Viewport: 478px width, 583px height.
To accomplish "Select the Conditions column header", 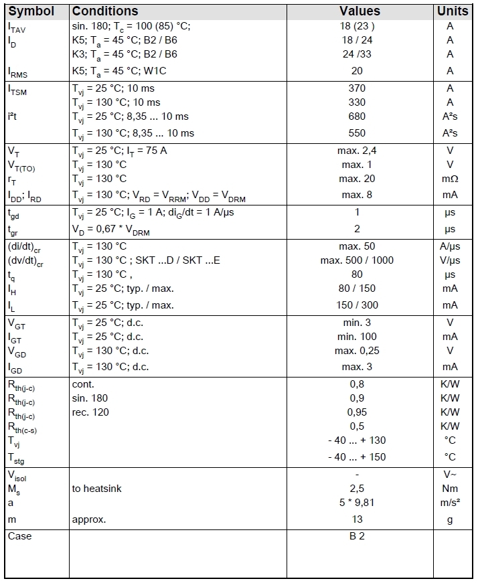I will point(105,11).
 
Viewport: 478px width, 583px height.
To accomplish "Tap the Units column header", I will point(453,11).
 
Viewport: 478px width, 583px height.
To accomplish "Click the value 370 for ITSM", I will point(357,88).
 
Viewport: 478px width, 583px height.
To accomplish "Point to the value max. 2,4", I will point(357,151).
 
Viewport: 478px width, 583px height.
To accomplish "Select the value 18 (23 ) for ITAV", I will point(357,26).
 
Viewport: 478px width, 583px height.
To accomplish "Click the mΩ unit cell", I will point(450,179).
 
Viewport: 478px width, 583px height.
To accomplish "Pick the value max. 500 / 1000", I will point(357,260).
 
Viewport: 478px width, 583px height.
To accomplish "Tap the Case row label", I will point(20,536).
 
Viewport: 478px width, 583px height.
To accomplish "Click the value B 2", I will point(357,536).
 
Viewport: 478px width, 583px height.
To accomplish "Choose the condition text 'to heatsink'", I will point(97,489).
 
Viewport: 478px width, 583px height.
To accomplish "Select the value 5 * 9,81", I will point(357,503).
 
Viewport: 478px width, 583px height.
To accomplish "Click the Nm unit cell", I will point(450,489).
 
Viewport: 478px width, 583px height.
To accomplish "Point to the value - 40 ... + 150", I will point(357,457).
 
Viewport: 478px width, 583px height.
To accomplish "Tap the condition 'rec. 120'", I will point(90,412).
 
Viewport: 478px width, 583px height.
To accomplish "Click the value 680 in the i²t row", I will point(357,116).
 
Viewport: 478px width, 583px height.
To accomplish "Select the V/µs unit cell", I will point(450,260).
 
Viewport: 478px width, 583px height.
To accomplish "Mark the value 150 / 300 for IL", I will point(357,305).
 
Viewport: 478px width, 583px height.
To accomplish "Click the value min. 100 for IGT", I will point(357,337).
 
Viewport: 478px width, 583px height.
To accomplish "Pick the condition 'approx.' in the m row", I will point(89,519).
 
